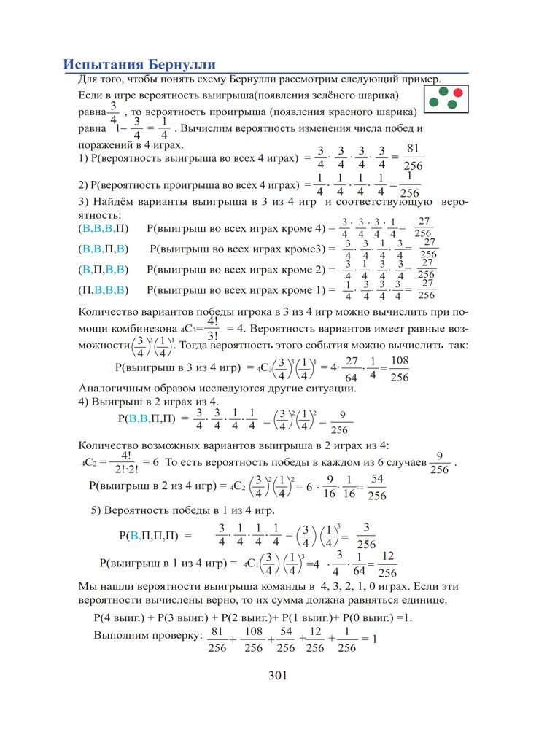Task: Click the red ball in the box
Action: click(x=458, y=93)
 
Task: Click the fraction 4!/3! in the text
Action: click(x=212, y=328)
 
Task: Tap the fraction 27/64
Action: click(x=350, y=368)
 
